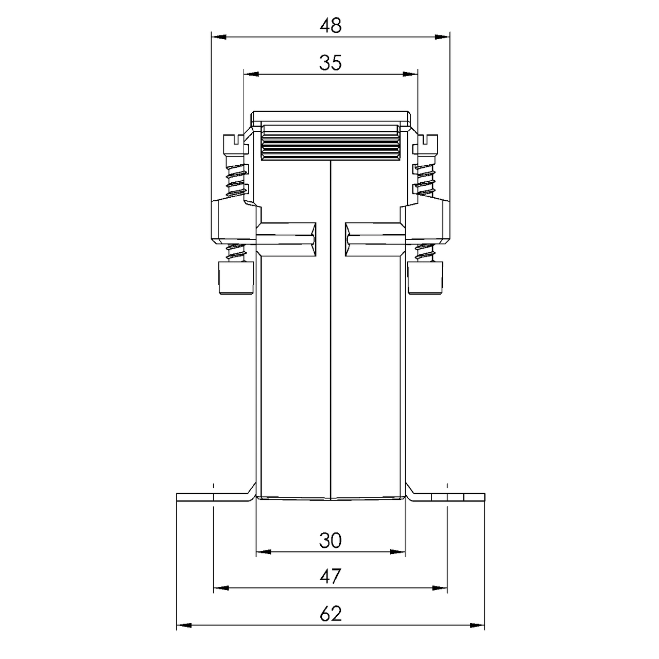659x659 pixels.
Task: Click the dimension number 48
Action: pos(331,26)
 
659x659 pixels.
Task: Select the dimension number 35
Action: pos(331,63)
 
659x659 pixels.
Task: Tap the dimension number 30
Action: pos(331,541)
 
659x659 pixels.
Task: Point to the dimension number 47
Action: pos(331,577)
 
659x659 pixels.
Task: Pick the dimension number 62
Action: pos(331,614)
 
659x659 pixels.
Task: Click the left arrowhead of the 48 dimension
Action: pos(219,37)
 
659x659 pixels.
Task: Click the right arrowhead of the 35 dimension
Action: pos(410,74)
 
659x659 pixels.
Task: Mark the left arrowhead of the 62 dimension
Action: pos(184,625)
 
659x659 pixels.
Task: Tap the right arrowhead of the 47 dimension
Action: pos(440,588)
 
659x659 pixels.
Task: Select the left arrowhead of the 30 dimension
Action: pos(264,551)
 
